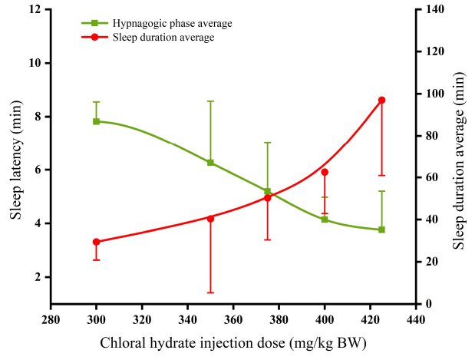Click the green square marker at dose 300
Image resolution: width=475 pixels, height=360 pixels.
(x=96, y=121)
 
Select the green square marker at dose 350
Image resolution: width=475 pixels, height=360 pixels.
(x=210, y=162)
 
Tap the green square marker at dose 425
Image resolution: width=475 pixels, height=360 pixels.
(x=381, y=230)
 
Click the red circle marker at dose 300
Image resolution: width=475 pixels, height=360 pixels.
(x=96, y=242)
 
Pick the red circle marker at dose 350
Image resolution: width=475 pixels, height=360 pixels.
(x=210, y=218)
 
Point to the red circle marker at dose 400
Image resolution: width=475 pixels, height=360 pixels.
(x=325, y=172)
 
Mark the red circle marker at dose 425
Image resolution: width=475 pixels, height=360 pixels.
(x=381, y=100)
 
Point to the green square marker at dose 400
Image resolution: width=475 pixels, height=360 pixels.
(x=325, y=220)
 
